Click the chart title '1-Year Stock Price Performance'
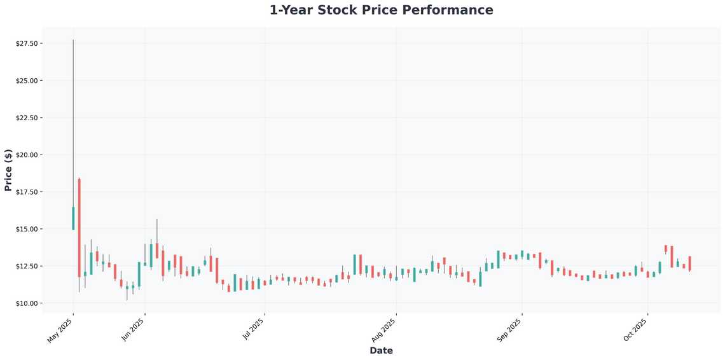pyautogui.click(x=381, y=10)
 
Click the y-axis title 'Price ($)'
pyautogui.click(x=8, y=170)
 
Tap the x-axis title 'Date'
pyautogui.click(x=381, y=350)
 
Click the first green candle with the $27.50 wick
pyautogui.click(x=73, y=218)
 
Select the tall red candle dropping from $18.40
pyautogui.click(x=79, y=228)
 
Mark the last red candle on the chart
pyautogui.click(x=689, y=263)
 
